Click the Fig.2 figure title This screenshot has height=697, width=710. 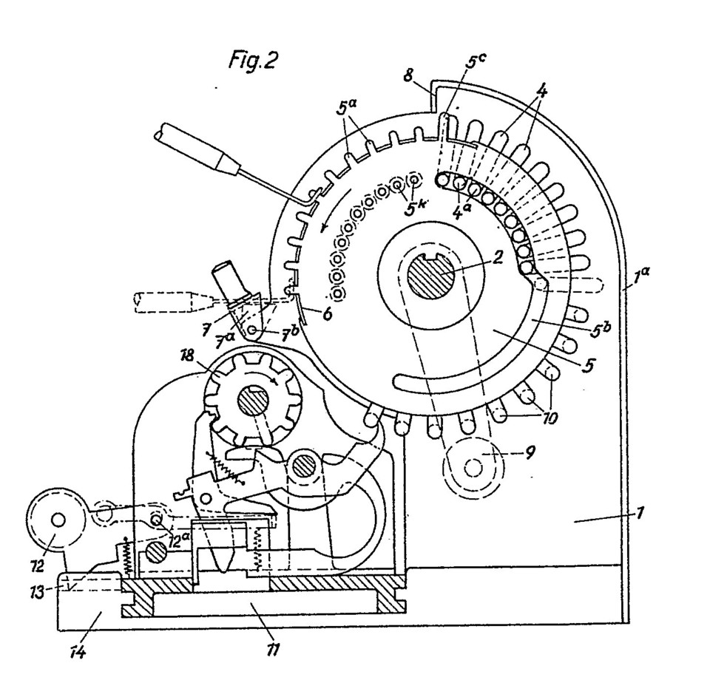(253, 60)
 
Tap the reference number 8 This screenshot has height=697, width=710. (409, 75)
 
